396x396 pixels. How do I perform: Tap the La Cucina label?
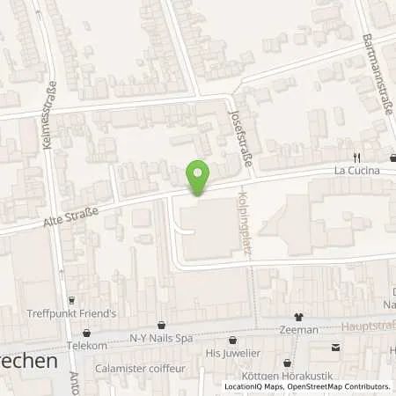(356, 171)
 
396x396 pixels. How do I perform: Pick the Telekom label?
(87, 346)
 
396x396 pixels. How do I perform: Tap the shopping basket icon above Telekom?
(87, 333)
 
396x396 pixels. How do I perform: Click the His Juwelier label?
(231, 353)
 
